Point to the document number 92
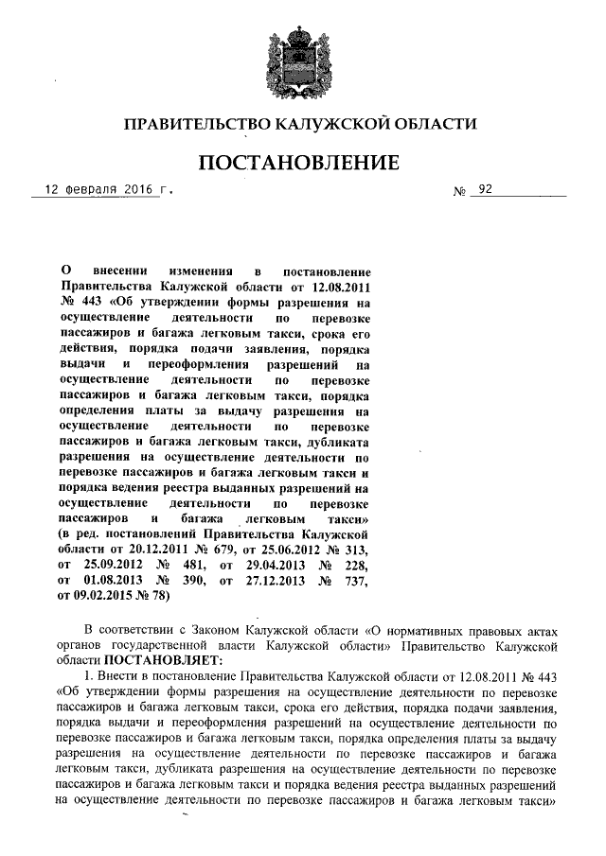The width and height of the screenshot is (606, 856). tap(486, 189)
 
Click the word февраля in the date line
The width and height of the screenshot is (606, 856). tap(92, 189)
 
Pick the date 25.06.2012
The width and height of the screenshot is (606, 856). tap(277, 550)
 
